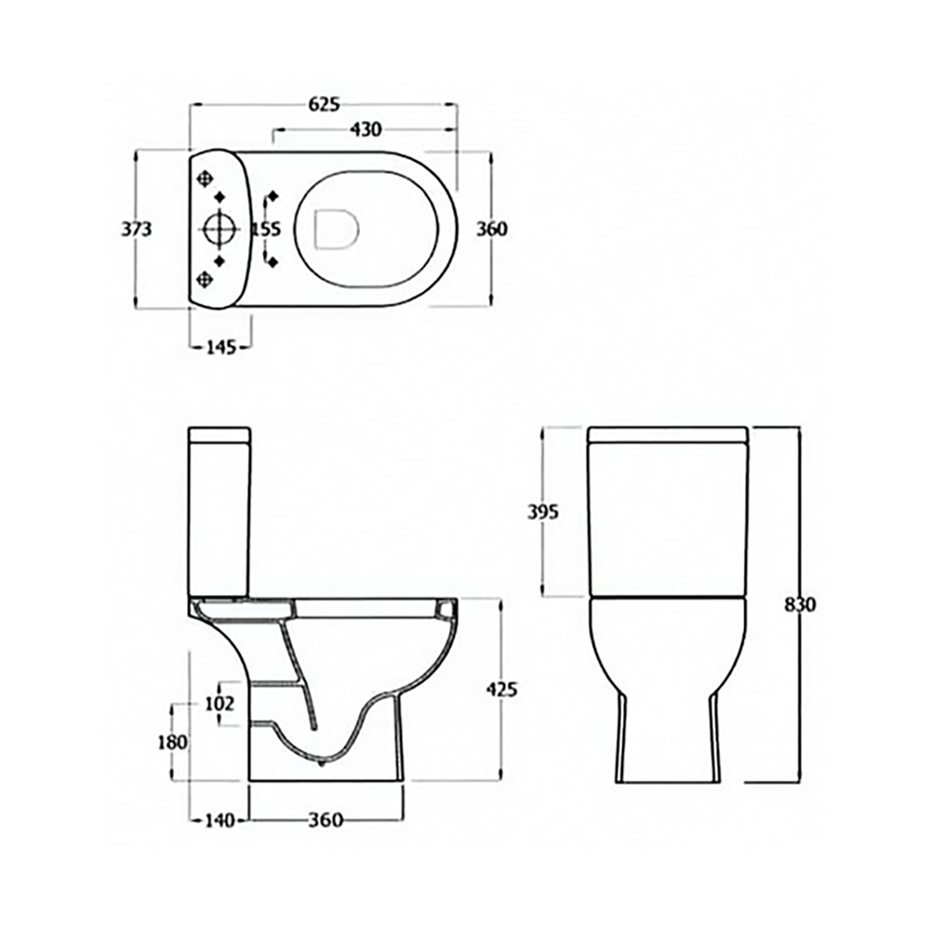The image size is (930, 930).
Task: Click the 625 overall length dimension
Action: pos(323,105)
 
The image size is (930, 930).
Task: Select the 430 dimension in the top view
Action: pos(365,129)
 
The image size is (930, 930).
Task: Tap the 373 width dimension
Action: pos(138,229)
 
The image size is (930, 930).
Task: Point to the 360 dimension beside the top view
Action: pos(491,229)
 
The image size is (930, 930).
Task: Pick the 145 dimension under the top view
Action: pos(219,347)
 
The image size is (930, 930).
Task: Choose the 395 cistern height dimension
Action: pos(542,511)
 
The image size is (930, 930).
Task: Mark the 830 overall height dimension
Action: pos(800,604)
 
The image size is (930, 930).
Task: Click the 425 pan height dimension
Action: pos(501,689)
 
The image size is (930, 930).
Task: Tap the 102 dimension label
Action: pos(219,704)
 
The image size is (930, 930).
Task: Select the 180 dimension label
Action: pos(173,742)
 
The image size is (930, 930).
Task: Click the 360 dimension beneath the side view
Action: pos(325,819)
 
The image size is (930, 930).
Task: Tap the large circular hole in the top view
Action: pos(219,229)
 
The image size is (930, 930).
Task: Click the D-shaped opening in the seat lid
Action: pos(337,229)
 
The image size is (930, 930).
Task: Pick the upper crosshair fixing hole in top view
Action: pos(206,177)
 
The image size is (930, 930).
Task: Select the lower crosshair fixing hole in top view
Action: pos(206,278)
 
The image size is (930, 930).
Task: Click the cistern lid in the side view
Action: pos(220,435)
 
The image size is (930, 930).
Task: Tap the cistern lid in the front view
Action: pos(670,433)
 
